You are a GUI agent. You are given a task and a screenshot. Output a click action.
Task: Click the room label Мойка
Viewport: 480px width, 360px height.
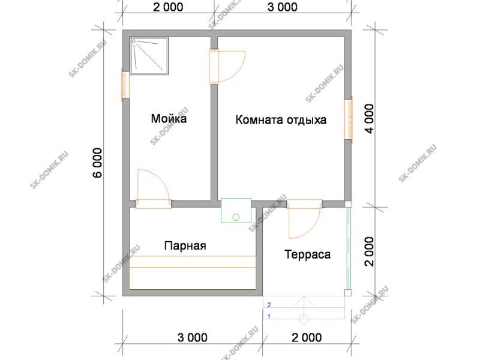[x=169, y=118]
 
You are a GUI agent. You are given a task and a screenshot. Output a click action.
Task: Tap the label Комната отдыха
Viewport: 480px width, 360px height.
[x=281, y=119]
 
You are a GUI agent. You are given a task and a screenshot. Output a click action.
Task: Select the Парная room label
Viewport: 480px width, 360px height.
[x=185, y=245]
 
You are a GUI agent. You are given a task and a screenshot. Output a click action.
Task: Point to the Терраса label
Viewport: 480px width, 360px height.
[x=308, y=254]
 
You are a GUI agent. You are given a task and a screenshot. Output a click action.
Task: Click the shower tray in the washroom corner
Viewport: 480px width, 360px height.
[x=149, y=56]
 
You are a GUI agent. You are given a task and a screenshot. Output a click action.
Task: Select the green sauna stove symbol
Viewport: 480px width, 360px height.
[x=236, y=211]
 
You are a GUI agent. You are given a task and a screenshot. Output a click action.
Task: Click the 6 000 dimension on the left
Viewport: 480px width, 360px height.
[x=98, y=163]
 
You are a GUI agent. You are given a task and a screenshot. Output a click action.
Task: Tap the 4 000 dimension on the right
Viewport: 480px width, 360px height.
[x=370, y=119]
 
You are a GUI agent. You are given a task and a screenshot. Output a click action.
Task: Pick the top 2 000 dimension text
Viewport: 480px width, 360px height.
[x=168, y=7]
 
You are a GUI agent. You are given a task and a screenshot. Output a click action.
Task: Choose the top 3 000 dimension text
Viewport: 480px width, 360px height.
[x=282, y=7]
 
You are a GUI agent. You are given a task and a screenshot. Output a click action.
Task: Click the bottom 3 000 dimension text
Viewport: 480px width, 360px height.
[x=192, y=337]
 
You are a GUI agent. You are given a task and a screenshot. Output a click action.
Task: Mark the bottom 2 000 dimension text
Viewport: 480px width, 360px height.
[x=307, y=337]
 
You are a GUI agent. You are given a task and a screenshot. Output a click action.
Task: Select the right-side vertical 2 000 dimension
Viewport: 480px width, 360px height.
[x=370, y=251]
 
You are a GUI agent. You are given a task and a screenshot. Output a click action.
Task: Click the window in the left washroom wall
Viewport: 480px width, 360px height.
[x=125, y=85]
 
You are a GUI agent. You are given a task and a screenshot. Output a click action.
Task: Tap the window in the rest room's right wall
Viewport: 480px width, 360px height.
[x=349, y=119]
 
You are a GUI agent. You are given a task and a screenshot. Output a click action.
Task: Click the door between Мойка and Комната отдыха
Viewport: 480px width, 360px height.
[x=227, y=67]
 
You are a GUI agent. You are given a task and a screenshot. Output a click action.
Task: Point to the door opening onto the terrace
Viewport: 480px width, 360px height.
[x=305, y=218]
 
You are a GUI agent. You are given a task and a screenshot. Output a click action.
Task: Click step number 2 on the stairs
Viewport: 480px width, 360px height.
[x=269, y=305]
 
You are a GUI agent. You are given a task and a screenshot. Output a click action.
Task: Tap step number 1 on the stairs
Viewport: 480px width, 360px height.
[x=269, y=317]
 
